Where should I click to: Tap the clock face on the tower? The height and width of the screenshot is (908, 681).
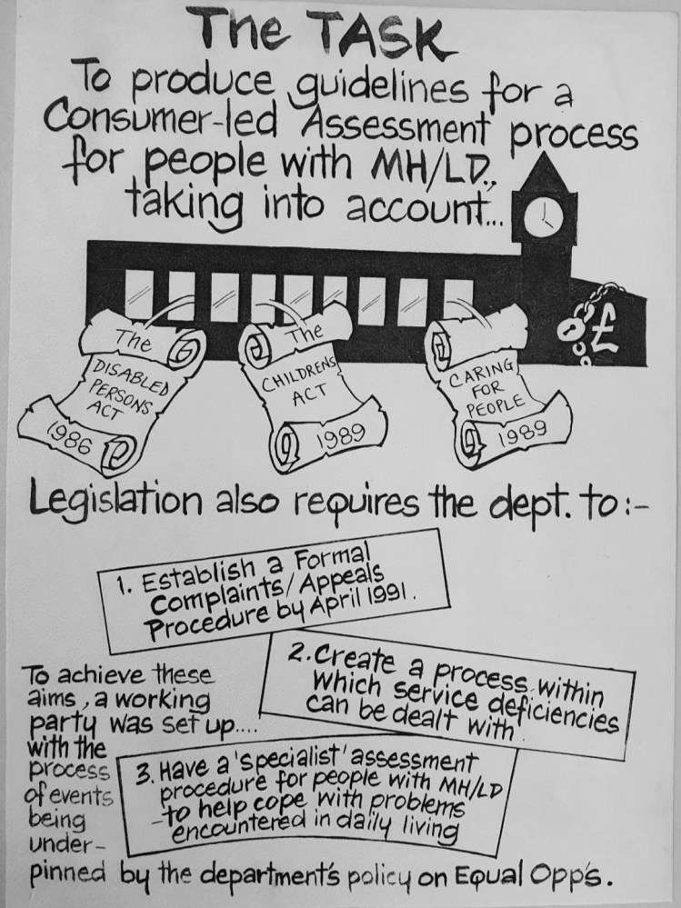tap(543, 219)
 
